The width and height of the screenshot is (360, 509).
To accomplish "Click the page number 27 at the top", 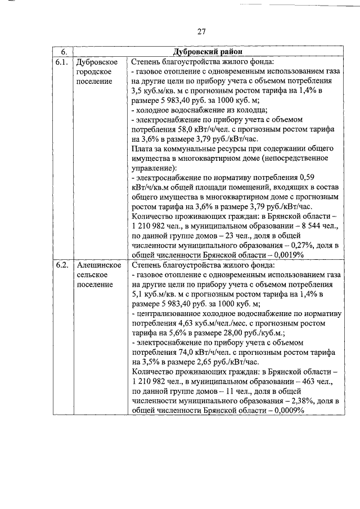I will [202, 31].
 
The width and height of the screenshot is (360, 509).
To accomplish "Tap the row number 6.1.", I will [62, 62].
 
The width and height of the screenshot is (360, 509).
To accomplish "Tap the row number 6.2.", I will [62, 265].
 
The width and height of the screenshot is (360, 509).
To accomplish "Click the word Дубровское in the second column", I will [96, 62].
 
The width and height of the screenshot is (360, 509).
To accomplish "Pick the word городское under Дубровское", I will [93, 72].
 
